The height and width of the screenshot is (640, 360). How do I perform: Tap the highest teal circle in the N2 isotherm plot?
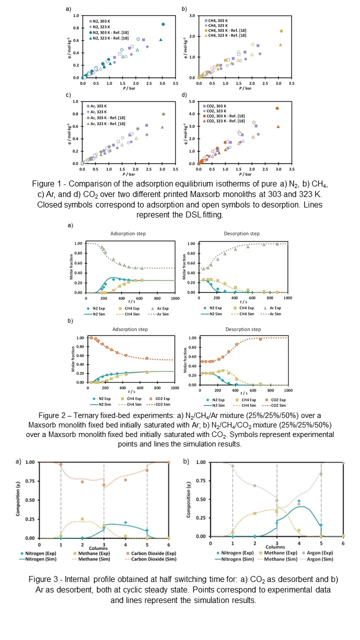click(x=163, y=24)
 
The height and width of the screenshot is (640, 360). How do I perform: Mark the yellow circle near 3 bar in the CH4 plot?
click(x=281, y=31)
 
